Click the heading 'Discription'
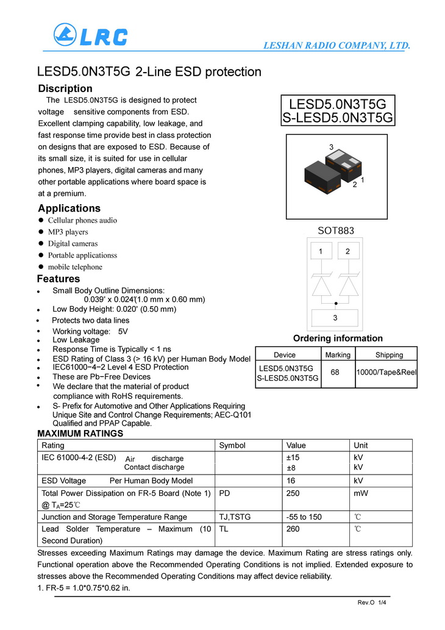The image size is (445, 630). [65, 88]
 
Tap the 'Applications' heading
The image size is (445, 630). [69, 208]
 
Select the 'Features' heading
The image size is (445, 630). [59, 279]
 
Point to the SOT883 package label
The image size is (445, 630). [335, 231]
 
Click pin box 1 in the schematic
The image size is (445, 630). [321, 251]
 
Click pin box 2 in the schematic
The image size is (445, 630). [347, 251]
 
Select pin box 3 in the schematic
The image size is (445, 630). [335, 318]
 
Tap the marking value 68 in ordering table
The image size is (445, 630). [338, 373]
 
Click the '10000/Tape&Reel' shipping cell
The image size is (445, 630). [386, 373]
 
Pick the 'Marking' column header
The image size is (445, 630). [338, 355]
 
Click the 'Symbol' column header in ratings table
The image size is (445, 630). [232, 445]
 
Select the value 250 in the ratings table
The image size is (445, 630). [293, 493]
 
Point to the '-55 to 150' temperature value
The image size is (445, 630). [304, 517]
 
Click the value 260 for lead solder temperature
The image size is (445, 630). [293, 529]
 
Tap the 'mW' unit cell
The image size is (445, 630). [360, 493]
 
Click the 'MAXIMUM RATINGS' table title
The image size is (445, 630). [80, 434]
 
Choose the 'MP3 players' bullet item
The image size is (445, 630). [68, 232]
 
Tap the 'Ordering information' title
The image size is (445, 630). [338, 338]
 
